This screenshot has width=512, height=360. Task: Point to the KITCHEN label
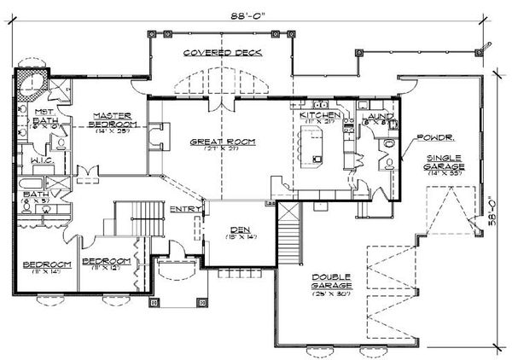point(320,114)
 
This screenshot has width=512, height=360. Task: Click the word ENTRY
point(185,208)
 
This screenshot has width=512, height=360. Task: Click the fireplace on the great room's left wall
point(153,136)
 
